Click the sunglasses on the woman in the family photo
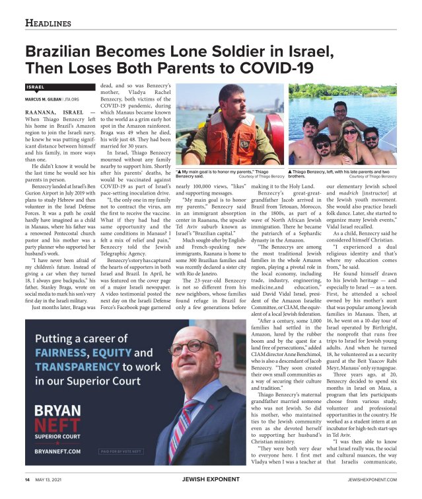[349, 132]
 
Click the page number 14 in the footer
[28, 479]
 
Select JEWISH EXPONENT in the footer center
[210, 479]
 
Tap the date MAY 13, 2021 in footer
[55, 479]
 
